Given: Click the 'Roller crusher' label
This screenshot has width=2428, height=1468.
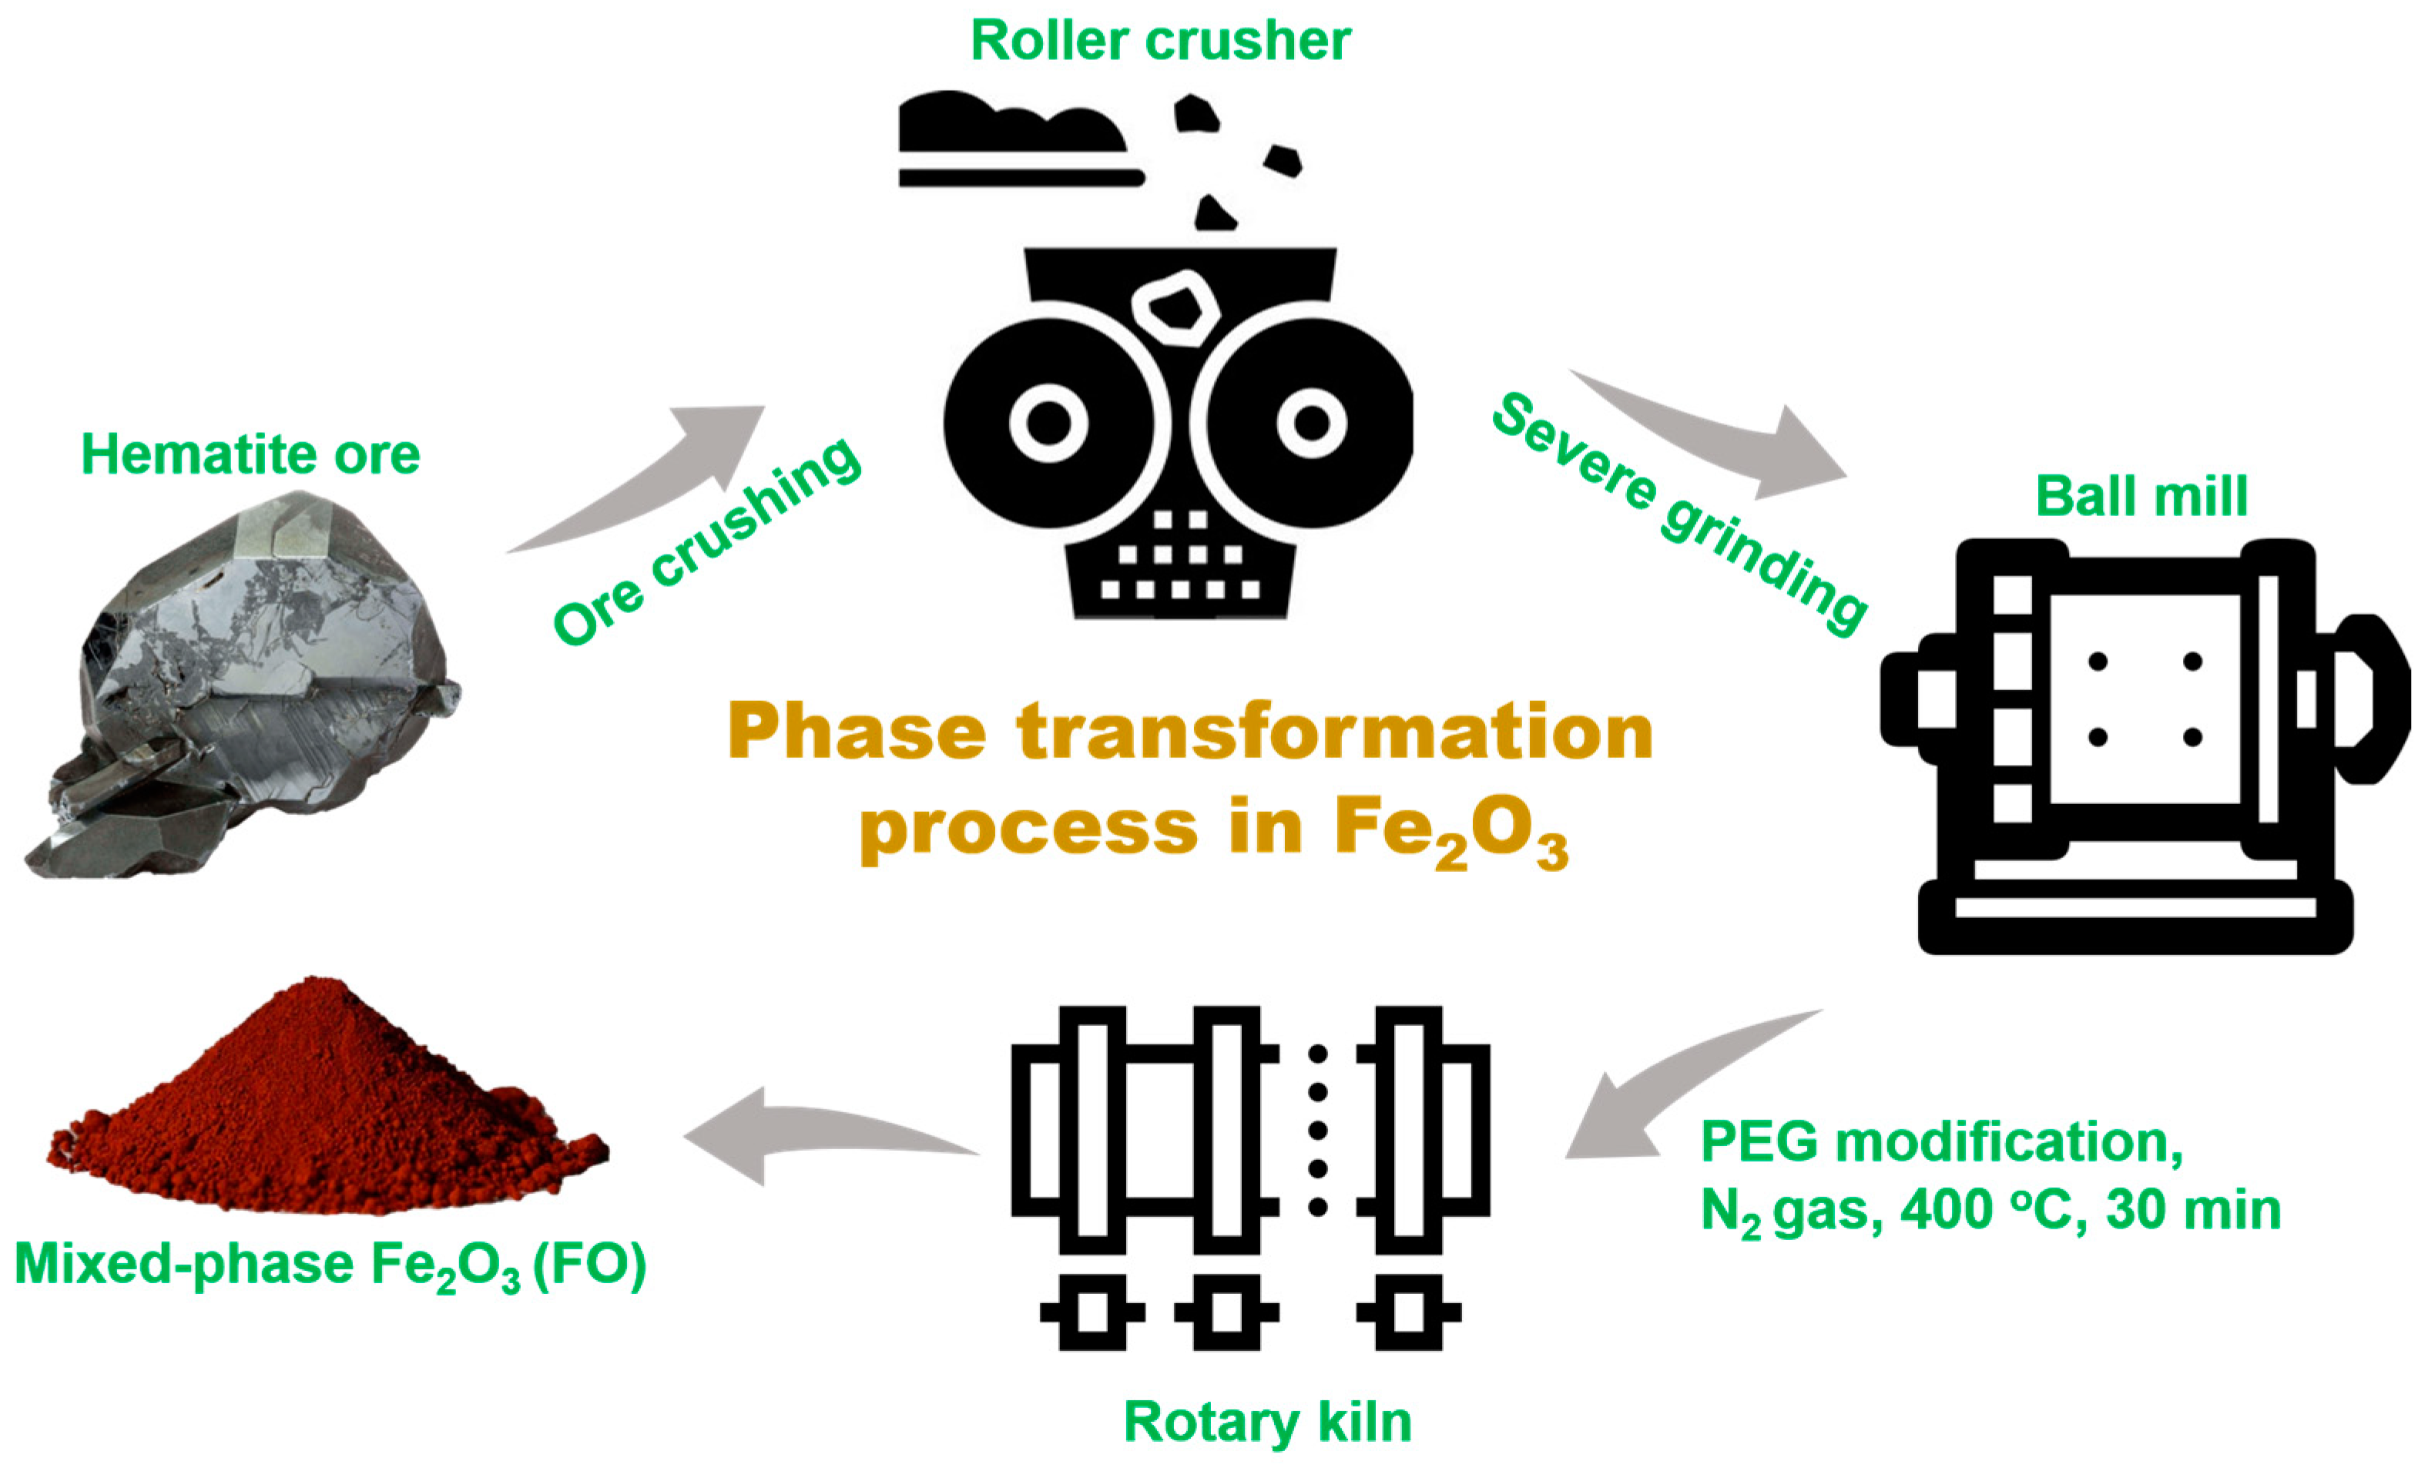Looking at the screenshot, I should coord(1160,42).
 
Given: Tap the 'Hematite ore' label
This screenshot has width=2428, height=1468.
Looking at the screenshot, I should coord(250,454).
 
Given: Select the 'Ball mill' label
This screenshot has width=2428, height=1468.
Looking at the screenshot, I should coord(2141,495).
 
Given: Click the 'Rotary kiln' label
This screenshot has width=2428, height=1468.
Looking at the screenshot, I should coord(1267,1422).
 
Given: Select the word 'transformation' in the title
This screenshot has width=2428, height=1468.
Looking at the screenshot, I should coord(1335,732).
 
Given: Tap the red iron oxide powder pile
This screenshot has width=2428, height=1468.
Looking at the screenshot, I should coord(325,1104).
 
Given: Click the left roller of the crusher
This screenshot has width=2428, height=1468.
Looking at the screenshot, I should coord(1048,424).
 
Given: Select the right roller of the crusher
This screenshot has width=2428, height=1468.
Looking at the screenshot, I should coord(1310,424).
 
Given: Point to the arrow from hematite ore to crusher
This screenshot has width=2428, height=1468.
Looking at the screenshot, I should coord(660,473).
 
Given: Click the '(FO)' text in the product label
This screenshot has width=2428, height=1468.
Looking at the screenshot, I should coord(589,1264).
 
